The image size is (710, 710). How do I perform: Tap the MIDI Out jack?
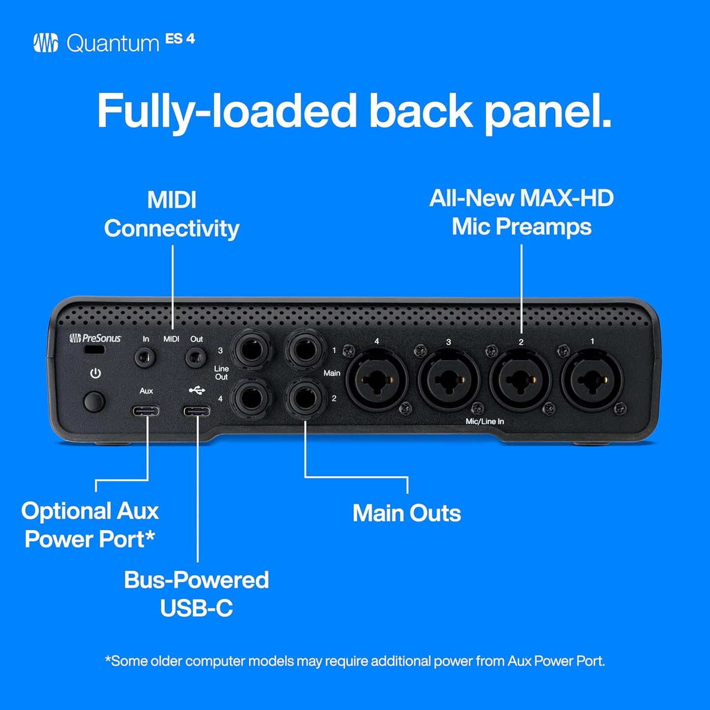195,357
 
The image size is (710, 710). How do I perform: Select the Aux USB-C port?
145,411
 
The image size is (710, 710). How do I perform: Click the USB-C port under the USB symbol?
197,411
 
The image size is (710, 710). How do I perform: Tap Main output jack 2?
306,398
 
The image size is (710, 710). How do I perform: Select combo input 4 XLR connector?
376,380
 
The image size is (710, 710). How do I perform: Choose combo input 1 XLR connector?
592,380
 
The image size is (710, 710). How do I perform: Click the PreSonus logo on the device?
95,338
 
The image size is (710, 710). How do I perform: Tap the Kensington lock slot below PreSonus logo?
94,350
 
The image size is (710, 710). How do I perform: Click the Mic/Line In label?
484,422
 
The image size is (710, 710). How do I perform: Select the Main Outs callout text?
406,513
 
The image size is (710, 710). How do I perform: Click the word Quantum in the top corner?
113,44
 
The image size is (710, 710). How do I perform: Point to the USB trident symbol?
197,391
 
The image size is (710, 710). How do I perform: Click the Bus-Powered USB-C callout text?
196,594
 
